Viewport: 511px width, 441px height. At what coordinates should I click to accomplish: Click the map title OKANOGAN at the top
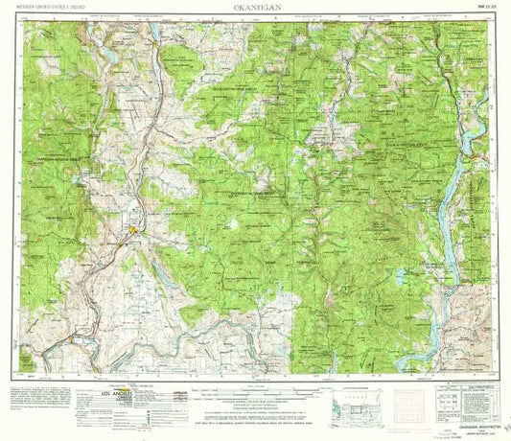[254, 10]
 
